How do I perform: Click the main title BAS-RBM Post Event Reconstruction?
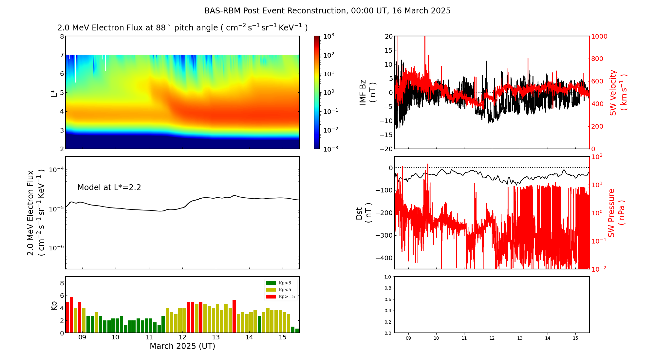coord(327,11)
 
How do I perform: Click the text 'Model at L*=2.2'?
coord(109,188)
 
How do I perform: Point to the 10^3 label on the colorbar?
coord(328,36)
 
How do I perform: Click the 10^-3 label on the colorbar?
coord(330,149)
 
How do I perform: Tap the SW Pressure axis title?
coord(616,213)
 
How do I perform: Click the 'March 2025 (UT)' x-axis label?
coord(182,346)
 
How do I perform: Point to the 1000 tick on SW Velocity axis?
coord(599,36)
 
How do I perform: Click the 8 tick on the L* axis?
coord(62,36)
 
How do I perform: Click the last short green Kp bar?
coord(297,331)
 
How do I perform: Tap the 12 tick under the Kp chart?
coord(182,337)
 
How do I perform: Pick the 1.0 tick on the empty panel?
coord(387,277)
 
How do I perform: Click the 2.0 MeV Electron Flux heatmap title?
coord(182,28)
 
